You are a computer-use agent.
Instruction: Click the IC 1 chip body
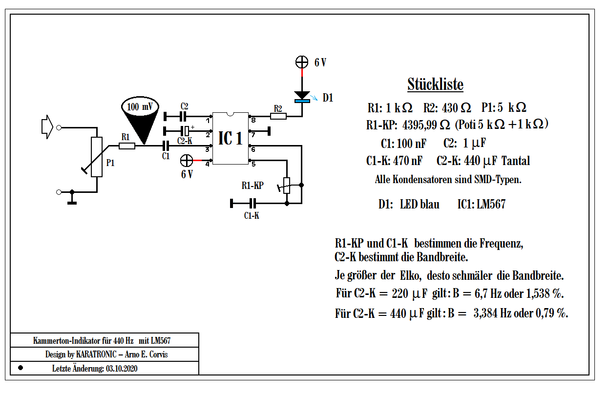click(x=231, y=139)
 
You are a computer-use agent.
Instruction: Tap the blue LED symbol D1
click(x=302, y=97)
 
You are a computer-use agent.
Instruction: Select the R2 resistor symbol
click(x=278, y=116)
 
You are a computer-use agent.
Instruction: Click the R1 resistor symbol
click(x=127, y=146)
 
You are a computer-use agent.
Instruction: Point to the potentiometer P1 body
click(x=97, y=157)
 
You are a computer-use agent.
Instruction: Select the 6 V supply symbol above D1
click(x=302, y=62)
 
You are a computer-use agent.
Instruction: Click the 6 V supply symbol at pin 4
click(x=187, y=160)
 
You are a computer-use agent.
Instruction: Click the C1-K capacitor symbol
click(x=252, y=203)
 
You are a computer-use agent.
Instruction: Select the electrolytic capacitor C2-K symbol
click(x=186, y=130)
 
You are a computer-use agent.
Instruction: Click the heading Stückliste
click(x=435, y=85)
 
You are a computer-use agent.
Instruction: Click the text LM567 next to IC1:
click(x=491, y=204)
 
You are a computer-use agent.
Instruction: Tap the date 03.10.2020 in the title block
click(x=121, y=369)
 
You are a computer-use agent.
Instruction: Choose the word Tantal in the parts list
click(x=515, y=161)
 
